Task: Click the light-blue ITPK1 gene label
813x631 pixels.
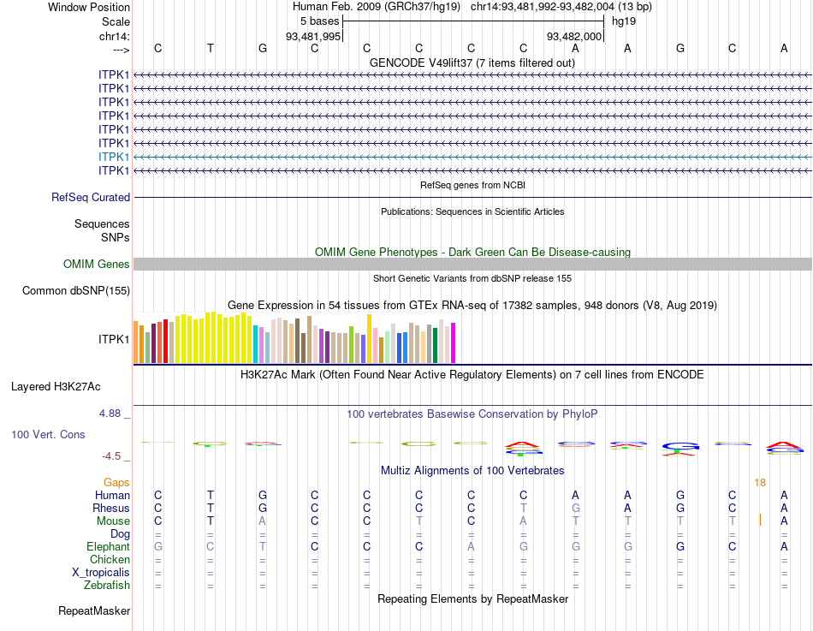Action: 114,157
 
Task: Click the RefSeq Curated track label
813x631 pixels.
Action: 91,198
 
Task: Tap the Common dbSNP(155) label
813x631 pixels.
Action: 76,291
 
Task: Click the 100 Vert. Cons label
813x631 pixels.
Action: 48,435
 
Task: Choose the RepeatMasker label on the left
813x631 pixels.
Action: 94,611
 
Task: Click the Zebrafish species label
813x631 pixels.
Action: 107,586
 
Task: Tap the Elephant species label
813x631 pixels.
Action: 108,547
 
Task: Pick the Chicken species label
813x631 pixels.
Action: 110,560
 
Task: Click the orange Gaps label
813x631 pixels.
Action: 116,483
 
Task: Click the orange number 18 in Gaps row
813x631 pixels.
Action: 760,483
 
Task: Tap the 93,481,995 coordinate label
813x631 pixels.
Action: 313,36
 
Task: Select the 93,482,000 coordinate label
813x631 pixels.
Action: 575,36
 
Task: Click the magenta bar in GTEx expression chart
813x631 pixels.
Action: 454,342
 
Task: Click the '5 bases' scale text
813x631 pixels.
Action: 319,21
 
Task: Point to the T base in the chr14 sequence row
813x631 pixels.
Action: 211,48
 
